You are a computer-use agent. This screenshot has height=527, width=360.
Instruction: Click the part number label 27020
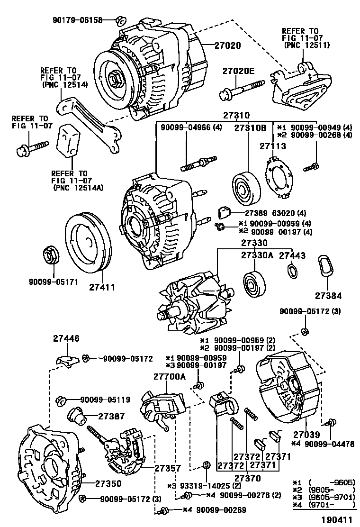(227, 46)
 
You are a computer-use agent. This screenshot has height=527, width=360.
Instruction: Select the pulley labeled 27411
(86, 244)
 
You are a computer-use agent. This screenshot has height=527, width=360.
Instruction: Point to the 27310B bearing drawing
(245, 189)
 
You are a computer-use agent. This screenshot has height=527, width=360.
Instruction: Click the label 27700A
(169, 376)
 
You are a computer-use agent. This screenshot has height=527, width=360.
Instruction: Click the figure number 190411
(338, 520)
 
